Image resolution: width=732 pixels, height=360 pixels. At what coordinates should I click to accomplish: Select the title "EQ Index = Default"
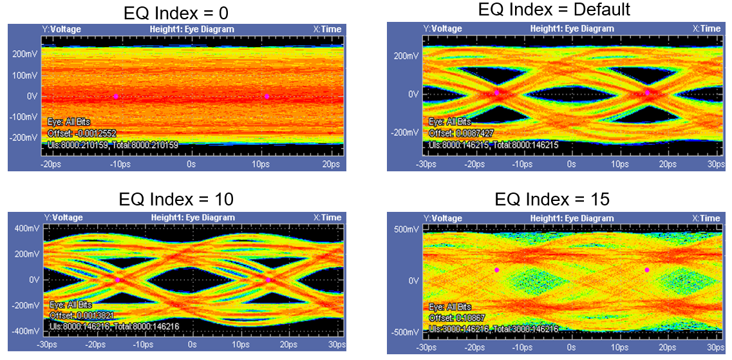pyautogui.click(x=554, y=10)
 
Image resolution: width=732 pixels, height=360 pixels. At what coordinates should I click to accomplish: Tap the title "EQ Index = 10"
pyautogui.click(x=176, y=200)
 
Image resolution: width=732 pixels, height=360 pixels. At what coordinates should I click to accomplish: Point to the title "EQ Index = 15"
pyautogui.click(x=552, y=200)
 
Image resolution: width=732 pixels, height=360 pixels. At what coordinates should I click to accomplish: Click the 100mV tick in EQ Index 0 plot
pyautogui.click(x=24, y=75)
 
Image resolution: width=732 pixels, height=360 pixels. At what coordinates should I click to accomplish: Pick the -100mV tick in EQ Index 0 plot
pyautogui.click(x=23, y=117)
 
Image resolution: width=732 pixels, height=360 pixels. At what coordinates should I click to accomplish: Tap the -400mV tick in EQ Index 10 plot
pyautogui.click(x=25, y=331)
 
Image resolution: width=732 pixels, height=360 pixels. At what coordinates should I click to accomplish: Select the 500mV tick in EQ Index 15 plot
pyautogui.click(x=405, y=230)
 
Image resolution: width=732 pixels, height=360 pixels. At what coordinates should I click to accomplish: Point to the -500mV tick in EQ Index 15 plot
pyautogui.click(x=404, y=332)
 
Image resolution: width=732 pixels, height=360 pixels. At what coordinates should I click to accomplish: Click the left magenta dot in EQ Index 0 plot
pyautogui.click(x=116, y=96)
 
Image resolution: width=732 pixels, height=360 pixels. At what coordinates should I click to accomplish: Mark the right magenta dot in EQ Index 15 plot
pyautogui.click(x=647, y=270)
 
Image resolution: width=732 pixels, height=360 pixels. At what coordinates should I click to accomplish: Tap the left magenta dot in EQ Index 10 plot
pyautogui.click(x=117, y=280)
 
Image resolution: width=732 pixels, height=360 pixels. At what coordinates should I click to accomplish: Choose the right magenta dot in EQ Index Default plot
pyautogui.click(x=648, y=93)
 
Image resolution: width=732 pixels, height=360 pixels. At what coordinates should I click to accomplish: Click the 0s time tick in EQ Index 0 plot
pyautogui.click(x=191, y=165)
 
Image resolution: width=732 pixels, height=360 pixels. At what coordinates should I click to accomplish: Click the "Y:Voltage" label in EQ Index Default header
pyautogui.click(x=444, y=28)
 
